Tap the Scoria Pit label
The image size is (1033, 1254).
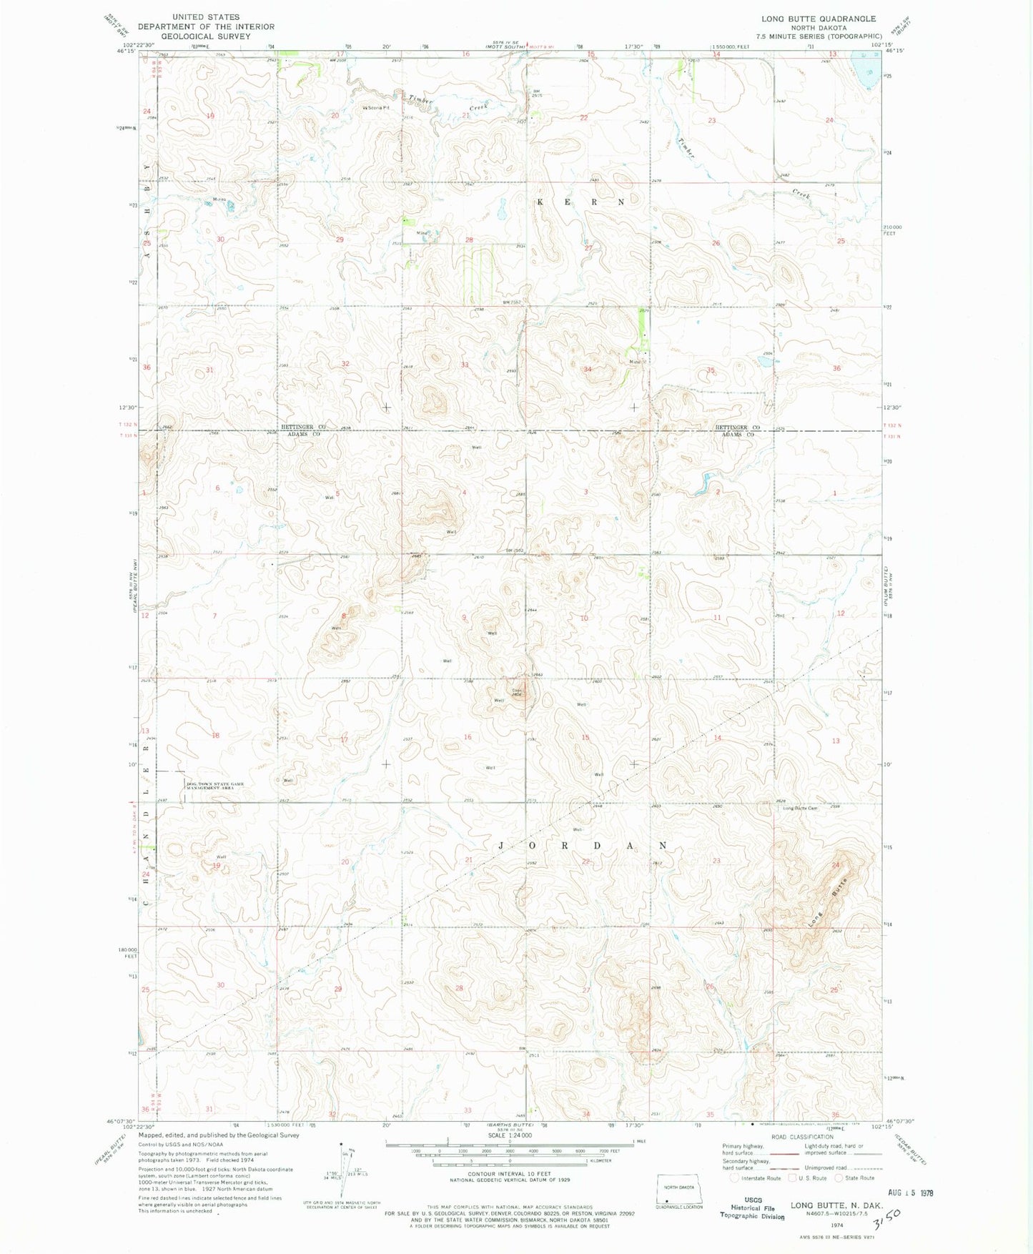click(378, 109)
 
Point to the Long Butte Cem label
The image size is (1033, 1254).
click(800, 809)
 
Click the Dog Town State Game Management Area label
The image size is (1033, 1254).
click(215, 786)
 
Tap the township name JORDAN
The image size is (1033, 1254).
click(583, 845)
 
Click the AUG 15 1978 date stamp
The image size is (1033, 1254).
click(908, 1193)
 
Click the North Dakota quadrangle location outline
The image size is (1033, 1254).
click(680, 1190)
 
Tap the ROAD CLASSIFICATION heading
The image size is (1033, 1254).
click(802, 1137)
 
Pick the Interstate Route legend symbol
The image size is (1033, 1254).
click(735, 1178)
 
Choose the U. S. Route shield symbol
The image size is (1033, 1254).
click(792, 1178)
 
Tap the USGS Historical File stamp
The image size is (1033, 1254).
click(751, 1208)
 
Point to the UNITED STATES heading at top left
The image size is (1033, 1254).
click(206, 16)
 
